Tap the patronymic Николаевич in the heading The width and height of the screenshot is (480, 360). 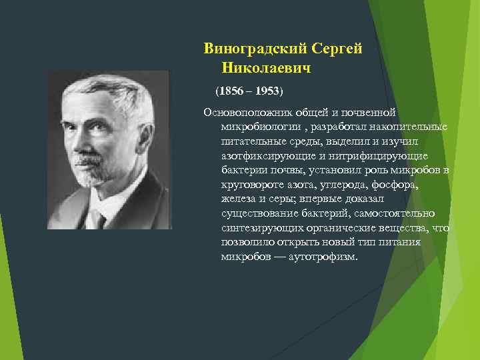267,68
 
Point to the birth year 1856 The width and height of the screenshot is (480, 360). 231,89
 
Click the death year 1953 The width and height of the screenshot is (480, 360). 267,89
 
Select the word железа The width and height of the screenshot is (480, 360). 237,199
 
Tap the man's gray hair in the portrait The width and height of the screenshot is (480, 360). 113,93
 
